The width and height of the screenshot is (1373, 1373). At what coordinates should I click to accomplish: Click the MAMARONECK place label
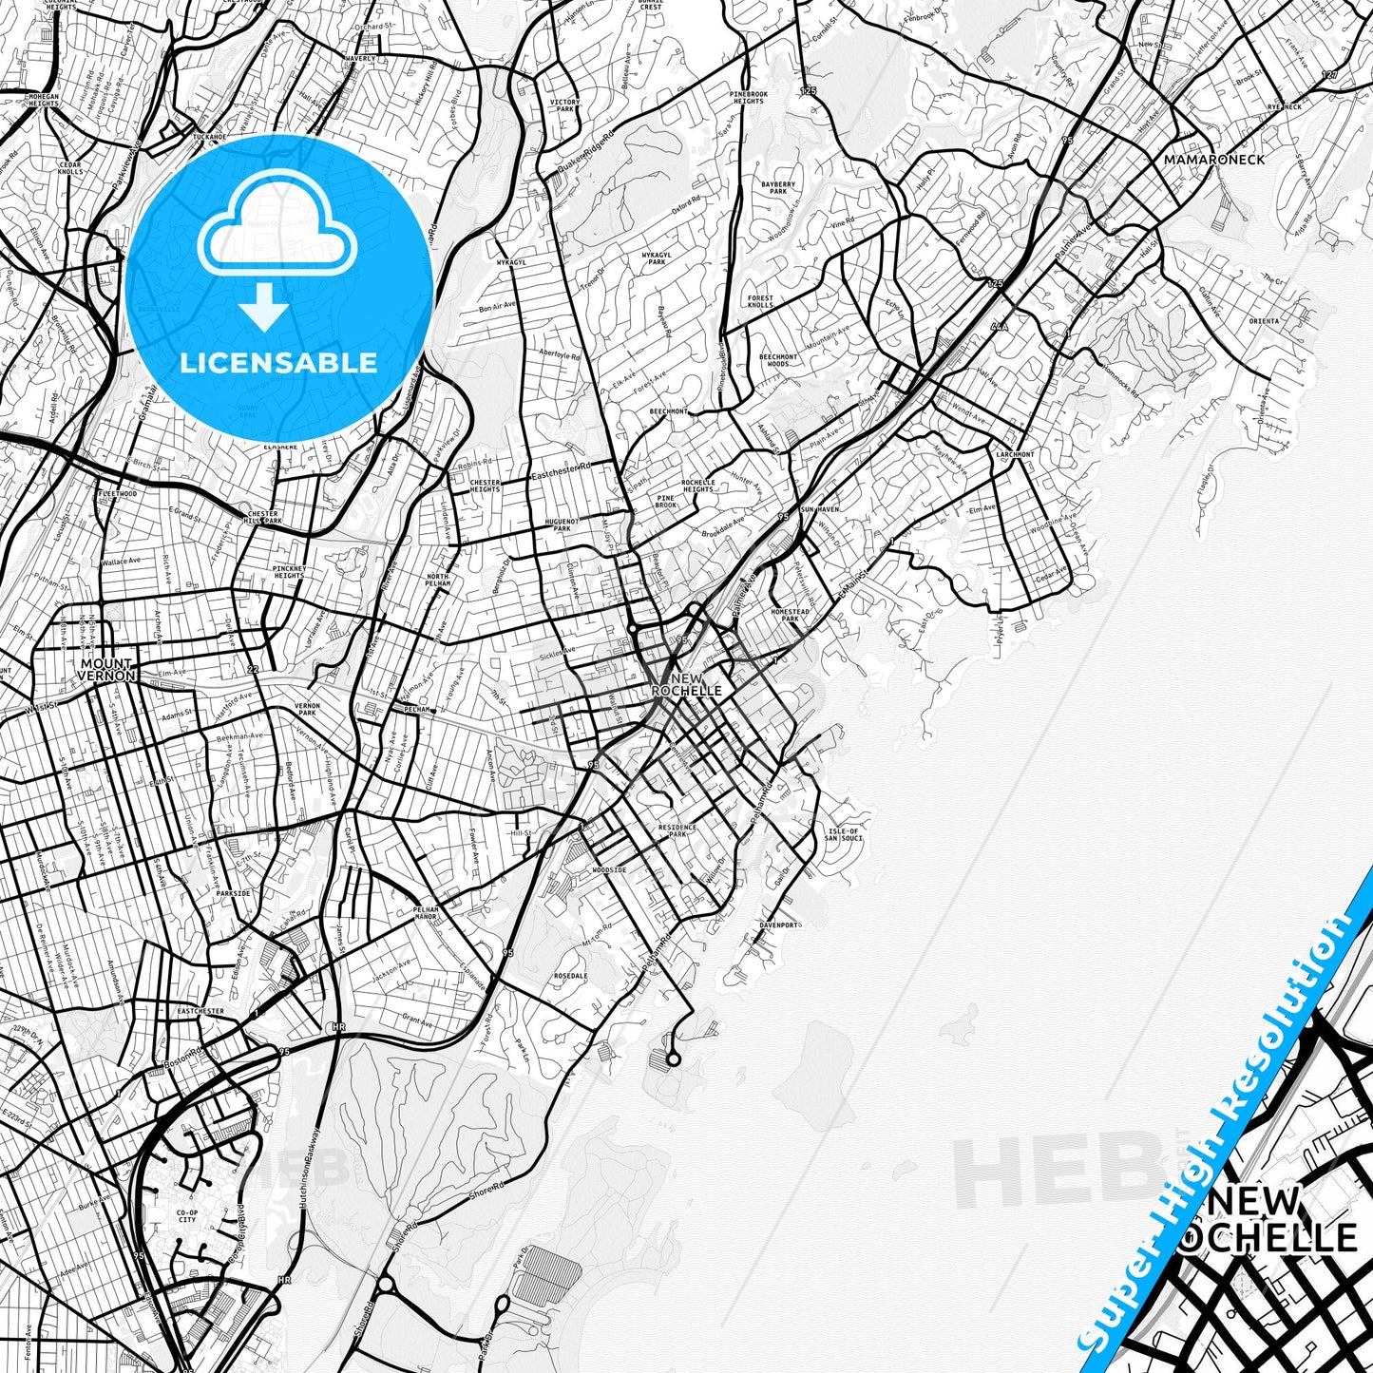point(1214,160)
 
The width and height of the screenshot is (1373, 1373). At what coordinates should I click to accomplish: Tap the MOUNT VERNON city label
point(107,670)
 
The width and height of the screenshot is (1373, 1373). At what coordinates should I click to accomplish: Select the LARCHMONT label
point(1015,455)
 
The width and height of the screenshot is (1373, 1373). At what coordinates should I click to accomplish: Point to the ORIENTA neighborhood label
point(1264,321)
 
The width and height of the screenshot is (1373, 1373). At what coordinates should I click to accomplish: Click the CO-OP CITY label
point(186,1215)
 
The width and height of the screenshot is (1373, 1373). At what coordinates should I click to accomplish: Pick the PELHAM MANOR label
point(427,913)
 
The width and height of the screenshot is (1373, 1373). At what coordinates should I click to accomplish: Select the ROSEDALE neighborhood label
point(570,976)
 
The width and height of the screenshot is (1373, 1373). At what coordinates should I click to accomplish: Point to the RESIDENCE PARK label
point(677,831)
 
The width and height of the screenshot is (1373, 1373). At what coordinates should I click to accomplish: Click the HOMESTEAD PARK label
point(791,616)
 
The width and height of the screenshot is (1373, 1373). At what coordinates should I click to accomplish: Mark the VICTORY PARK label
point(563,105)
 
